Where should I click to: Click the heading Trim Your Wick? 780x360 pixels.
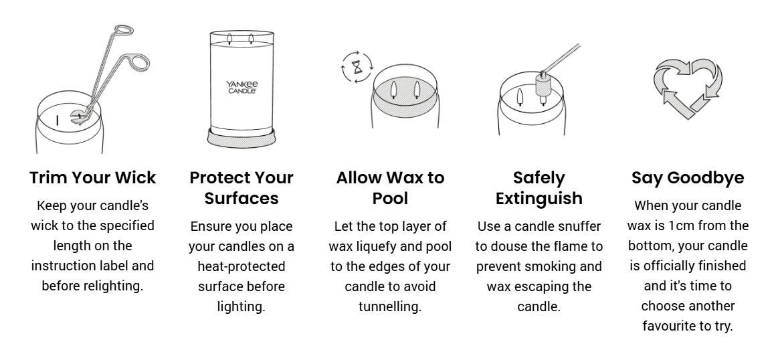click(x=92, y=178)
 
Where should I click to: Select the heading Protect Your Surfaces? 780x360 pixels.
click(x=241, y=188)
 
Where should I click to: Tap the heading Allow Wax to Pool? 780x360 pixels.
click(x=390, y=188)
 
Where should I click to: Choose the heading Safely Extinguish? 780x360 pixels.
click(x=539, y=188)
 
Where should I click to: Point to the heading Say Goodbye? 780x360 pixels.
click(x=688, y=178)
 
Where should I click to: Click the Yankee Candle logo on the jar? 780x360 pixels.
click(x=241, y=88)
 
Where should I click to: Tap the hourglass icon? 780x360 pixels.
click(x=357, y=67)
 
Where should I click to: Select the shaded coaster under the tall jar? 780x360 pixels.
click(x=241, y=139)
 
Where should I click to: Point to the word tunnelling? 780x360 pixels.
click(x=390, y=306)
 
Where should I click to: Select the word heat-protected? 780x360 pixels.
click(x=241, y=267)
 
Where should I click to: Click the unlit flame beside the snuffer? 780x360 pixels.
click(x=520, y=96)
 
